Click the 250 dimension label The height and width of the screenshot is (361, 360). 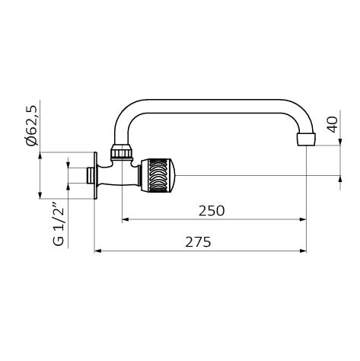click(212, 210)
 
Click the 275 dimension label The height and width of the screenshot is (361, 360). click(198, 242)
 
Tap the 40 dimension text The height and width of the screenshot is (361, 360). click(333, 124)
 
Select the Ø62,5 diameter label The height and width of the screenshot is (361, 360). click(32, 126)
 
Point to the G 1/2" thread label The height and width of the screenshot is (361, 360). click(59, 224)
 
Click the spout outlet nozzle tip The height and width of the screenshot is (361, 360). click(306, 139)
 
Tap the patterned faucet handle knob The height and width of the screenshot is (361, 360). click(158, 175)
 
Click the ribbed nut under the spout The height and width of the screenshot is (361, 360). click(122, 151)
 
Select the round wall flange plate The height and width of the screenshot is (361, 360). click(95, 176)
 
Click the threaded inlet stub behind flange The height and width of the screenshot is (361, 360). click(90, 175)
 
